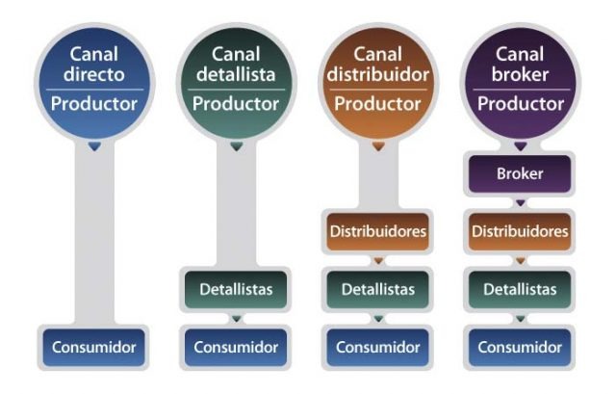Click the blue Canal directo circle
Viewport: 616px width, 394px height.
click(92, 82)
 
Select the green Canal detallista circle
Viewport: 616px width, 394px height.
click(235, 82)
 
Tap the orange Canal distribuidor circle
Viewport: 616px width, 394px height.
click(377, 82)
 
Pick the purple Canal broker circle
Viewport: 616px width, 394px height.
click(520, 82)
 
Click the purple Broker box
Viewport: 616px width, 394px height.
click(520, 175)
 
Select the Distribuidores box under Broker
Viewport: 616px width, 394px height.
click(520, 232)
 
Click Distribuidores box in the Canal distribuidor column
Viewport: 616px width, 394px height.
click(377, 232)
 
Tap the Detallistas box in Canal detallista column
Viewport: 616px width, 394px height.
click(235, 288)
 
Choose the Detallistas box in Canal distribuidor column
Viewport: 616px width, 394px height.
click(377, 288)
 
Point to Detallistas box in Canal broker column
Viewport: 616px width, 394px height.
click(520, 288)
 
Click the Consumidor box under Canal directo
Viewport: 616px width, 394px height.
click(92, 346)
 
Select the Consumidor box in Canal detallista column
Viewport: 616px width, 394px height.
click(235, 346)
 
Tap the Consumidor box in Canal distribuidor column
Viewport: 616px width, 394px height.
click(377, 346)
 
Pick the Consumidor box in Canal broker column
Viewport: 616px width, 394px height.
click(520, 346)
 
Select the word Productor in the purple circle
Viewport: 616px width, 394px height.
click(520, 104)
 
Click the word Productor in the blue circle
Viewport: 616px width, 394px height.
click(92, 104)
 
